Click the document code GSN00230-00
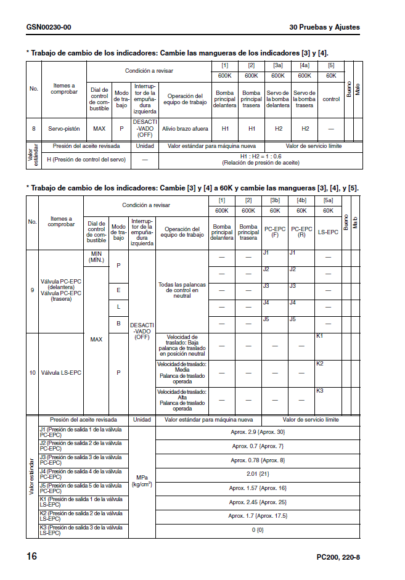point(49,27)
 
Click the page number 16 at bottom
point(31,557)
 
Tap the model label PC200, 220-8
point(338,557)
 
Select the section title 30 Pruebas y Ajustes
point(324,27)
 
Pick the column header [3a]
point(278,65)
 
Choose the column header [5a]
point(328,200)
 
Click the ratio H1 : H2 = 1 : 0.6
point(260,156)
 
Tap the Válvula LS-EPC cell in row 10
point(61,373)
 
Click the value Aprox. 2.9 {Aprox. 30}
point(258,432)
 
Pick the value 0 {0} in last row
point(258,530)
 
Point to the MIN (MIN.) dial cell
point(96,257)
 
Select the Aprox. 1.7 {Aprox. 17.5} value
point(258,516)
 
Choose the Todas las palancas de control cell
point(182,290)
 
